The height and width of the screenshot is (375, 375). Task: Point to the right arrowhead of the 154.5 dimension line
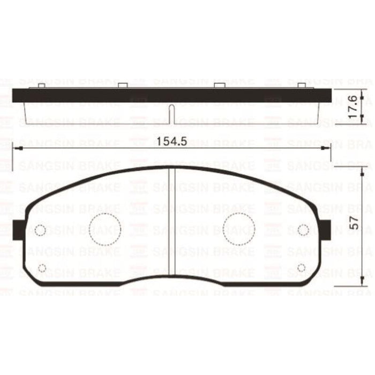pos(327,148)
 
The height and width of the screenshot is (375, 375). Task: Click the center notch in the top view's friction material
pos(171,114)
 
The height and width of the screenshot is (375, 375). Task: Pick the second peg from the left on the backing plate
pos(122,86)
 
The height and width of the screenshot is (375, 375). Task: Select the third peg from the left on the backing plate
pos(219,86)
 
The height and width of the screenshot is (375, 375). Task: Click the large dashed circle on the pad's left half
pos(105,229)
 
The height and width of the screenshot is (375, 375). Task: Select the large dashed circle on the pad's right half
pos(239,229)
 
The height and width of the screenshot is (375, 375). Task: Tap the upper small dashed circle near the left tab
pos(41,230)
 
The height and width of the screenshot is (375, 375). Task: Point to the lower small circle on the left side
pos(43,268)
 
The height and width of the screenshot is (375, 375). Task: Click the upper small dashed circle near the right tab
pos(303,230)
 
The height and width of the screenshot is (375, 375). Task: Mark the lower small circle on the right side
pos(301,268)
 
